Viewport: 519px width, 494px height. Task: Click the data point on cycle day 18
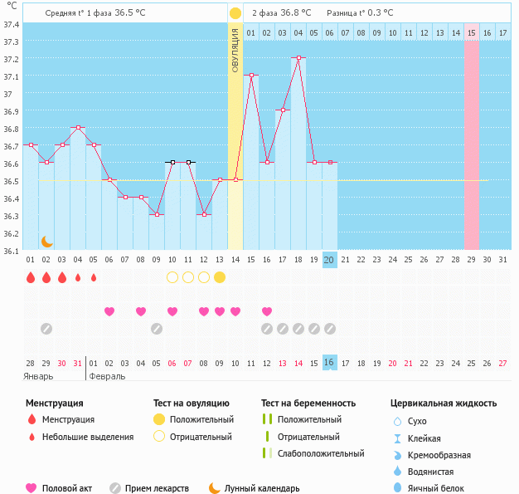click(298, 58)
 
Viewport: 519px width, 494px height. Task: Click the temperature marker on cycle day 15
click(251, 76)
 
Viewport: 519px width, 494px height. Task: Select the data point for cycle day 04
click(78, 128)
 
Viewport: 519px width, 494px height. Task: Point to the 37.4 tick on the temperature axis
click(11, 24)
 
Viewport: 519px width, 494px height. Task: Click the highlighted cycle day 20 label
click(329, 260)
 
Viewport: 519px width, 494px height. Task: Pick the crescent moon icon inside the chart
click(47, 241)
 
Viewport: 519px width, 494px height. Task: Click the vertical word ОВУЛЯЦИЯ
click(235, 50)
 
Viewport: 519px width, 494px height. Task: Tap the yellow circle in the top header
click(235, 13)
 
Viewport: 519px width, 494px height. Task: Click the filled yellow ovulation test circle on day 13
click(220, 277)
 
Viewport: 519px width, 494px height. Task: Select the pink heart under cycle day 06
click(109, 311)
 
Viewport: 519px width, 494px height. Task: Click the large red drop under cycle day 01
click(31, 277)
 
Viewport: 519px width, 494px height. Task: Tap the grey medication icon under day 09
click(157, 329)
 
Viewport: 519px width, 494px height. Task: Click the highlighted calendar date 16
click(329, 363)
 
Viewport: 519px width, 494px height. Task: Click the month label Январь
click(38, 376)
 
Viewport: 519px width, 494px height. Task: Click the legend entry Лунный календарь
click(261, 488)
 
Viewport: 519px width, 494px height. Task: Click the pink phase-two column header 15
click(471, 32)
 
